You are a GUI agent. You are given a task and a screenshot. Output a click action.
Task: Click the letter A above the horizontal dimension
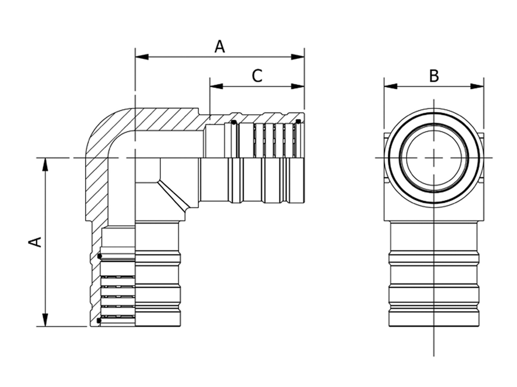pyautogui.click(x=220, y=47)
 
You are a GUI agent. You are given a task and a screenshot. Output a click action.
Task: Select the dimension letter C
pyautogui.click(x=257, y=76)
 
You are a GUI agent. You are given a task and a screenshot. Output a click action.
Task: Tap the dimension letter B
pyautogui.click(x=434, y=76)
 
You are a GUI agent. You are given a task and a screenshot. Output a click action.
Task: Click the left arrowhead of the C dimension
pyautogui.click(x=216, y=86)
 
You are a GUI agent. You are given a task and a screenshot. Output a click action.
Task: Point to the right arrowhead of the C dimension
pyautogui.click(x=298, y=86)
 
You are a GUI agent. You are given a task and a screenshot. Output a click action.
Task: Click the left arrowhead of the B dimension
pyautogui.click(x=390, y=86)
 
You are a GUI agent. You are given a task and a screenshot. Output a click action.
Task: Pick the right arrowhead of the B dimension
pyautogui.click(x=477, y=86)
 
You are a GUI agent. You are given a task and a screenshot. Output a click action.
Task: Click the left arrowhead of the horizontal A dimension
pyautogui.click(x=142, y=57)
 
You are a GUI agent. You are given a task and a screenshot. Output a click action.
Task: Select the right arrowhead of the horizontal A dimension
pyautogui.click(x=298, y=57)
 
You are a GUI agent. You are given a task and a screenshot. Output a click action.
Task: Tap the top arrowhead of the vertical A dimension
pyautogui.click(x=46, y=164)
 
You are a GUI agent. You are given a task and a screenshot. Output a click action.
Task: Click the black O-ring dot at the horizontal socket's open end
pyautogui.click(x=298, y=121)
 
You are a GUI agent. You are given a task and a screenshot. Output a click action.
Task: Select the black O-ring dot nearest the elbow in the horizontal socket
pyautogui.click(x=233, y=122)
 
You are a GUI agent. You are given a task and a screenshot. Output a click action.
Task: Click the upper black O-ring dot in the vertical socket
pyautogui.click(x=100, y=256)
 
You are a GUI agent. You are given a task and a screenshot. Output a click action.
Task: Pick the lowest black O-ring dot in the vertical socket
pyautogui.click(x=99, y=321)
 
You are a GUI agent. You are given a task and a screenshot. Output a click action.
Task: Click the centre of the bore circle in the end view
pyautogui.click(x=434, y=158)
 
